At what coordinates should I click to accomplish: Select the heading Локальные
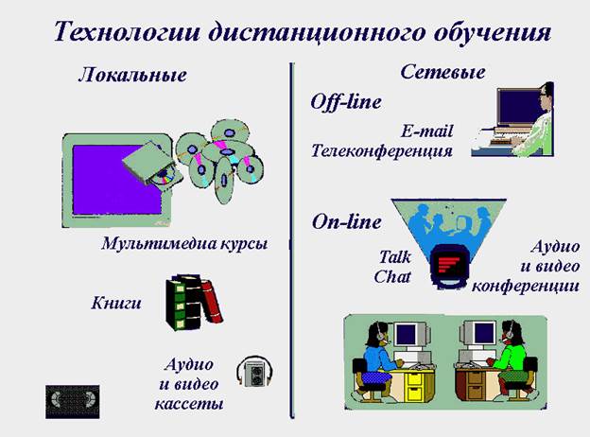132,75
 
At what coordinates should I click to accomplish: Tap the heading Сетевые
442,72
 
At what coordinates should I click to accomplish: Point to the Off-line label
346,101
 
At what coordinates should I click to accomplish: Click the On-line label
347,221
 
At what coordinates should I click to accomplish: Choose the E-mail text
426,131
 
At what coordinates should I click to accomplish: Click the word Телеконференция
382,150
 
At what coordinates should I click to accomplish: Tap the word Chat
392,276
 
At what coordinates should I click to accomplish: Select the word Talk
394,257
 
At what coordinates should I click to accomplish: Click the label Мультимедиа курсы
184,243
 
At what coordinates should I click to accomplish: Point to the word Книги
116,303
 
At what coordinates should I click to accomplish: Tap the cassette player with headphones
254,372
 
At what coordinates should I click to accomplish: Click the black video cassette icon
73,401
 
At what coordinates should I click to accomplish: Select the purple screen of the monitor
113,180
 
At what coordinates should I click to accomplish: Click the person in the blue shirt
378,359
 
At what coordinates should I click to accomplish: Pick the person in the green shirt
511,359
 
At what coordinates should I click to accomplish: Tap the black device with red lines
450,267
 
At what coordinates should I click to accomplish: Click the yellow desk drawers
415,384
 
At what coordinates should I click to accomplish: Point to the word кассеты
189,404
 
